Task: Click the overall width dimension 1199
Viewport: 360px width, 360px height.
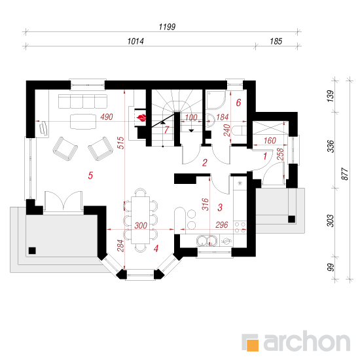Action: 167,27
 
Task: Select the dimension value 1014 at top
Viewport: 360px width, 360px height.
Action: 135,41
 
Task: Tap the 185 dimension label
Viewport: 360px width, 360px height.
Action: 276,41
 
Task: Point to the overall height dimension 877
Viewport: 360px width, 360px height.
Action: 344,174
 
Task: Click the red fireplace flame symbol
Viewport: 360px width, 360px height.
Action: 141,118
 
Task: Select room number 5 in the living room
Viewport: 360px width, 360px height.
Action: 90,175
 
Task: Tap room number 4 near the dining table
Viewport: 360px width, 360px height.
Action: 156,249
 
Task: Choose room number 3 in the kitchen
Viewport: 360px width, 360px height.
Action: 220,207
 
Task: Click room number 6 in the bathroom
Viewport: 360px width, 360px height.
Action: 238,103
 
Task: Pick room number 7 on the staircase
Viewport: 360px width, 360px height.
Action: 167,130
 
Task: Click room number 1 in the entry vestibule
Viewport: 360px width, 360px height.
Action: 265,156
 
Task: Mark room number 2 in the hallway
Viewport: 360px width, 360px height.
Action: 205,163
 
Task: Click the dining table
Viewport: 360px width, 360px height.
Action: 140,220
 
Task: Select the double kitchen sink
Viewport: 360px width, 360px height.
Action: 207,240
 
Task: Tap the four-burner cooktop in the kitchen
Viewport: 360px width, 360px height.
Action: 240,227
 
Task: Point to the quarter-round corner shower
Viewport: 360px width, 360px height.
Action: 216,100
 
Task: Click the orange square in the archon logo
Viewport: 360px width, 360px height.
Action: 253,345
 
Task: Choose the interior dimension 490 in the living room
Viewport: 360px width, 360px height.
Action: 107,117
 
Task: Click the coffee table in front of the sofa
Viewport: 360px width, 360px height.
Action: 82,122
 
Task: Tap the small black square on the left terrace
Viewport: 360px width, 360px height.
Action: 32,251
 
